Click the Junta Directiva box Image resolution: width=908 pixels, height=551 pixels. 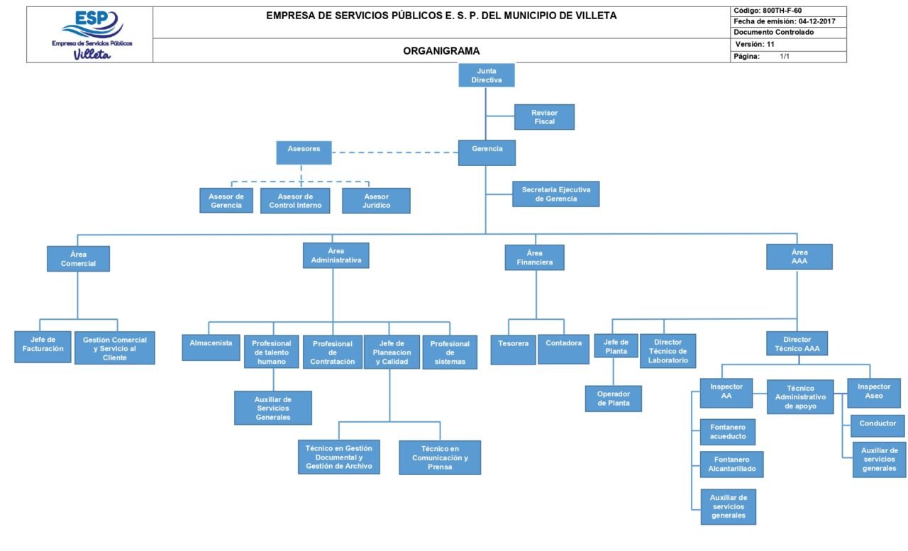486,75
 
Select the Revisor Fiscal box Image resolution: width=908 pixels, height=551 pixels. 544,117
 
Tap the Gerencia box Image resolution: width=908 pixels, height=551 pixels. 487,152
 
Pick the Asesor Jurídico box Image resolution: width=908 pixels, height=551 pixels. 376,201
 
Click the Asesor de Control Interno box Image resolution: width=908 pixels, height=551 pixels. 295,201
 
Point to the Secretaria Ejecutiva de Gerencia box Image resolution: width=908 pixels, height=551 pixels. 555,194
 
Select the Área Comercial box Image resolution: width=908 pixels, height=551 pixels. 78,259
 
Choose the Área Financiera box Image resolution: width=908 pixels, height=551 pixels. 534,257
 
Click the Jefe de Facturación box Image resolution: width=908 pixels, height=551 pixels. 43,347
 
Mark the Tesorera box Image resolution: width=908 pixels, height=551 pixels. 513,349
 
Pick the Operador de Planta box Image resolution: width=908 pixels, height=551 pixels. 613,399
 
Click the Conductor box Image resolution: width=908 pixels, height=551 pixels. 877,425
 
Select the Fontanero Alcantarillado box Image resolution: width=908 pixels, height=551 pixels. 731,464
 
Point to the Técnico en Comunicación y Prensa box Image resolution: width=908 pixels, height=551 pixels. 440,457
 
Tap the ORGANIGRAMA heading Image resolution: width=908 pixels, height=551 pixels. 441,51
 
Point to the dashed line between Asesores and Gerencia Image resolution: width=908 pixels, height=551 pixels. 394,152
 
